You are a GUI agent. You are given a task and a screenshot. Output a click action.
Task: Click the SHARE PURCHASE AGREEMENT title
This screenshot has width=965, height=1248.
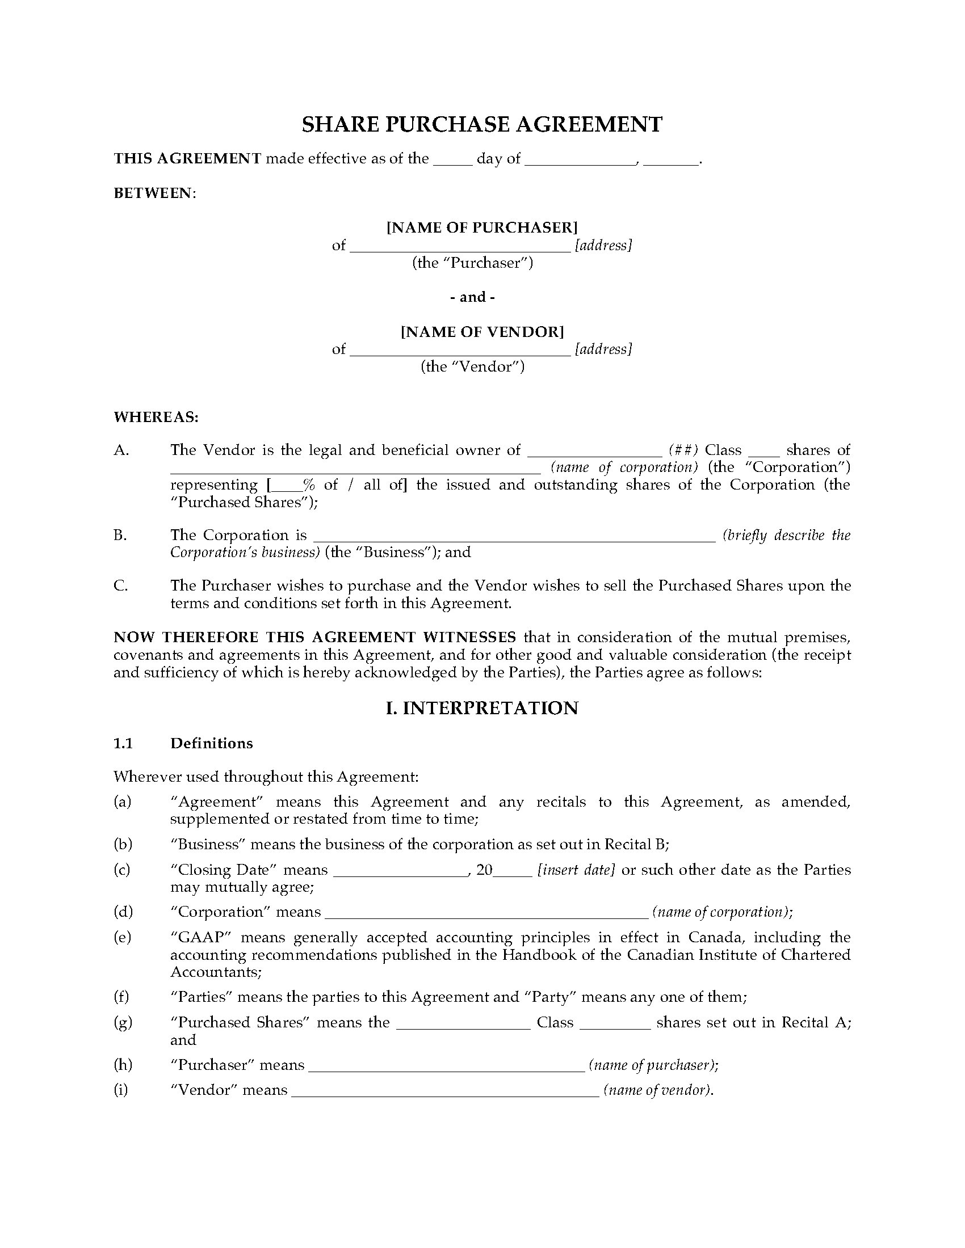pos(482,125)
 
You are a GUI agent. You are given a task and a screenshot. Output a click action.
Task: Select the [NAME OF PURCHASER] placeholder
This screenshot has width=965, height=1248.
pos(482,227)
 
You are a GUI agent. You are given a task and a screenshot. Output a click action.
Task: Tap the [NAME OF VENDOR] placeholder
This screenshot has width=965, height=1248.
pos(482,331)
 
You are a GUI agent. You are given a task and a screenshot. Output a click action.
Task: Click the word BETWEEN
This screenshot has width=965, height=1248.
pos(154,193)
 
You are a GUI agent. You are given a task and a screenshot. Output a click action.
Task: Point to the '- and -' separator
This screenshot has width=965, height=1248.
pos(472,297)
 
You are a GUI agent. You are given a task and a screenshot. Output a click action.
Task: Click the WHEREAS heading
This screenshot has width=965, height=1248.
pos(156,417)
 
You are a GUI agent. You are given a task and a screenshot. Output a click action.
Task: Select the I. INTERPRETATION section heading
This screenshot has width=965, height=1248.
pos(482,708)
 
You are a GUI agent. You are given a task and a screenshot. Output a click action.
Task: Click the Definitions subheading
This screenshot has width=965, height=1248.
pos(212,743)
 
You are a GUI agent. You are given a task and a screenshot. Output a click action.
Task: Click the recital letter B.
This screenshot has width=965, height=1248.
pos(120,535)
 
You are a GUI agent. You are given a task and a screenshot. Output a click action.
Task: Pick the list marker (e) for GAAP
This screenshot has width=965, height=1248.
pos(123,937)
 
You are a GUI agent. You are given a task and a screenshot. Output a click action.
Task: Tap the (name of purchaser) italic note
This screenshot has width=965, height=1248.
pos(653,1065)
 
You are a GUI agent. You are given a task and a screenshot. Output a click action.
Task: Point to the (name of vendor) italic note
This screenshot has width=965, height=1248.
pos(658,1090)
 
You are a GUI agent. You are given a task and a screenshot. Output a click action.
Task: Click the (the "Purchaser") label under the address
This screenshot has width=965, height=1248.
pos(473,263)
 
